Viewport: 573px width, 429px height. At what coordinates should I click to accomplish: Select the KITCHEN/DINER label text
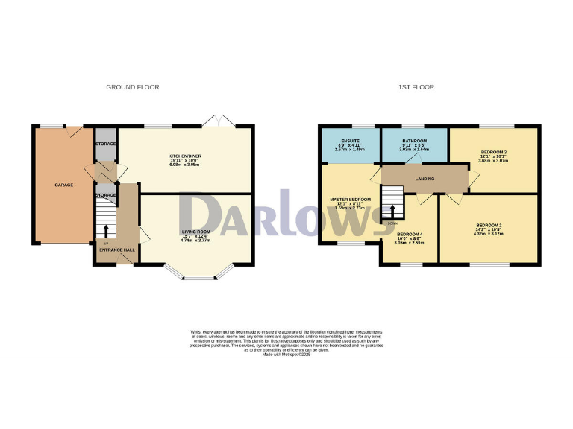(186, 156)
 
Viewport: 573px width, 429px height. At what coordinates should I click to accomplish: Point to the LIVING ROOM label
(197, 232)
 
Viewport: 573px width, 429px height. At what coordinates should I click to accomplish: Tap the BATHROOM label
(414, 141)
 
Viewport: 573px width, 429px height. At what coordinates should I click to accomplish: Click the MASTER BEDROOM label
(351, 200)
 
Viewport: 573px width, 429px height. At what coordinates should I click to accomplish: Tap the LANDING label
(425, 179)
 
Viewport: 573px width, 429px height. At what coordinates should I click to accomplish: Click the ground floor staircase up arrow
(105, 231)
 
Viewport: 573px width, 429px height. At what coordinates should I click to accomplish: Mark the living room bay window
(198, 276)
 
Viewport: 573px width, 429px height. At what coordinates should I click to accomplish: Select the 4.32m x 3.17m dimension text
(489, 234)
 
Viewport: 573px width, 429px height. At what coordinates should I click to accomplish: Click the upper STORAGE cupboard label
(105, 143)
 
